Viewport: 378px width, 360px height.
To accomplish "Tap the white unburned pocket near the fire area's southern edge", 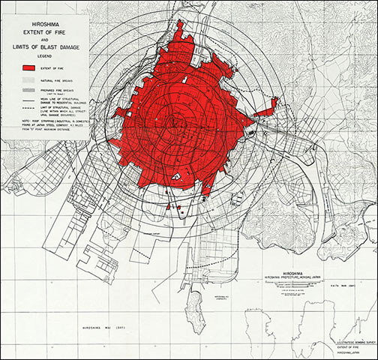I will tap(176, 175).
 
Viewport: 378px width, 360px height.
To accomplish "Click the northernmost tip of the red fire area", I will tap(180, 24).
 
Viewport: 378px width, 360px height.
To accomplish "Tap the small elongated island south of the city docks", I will tap(196, 307).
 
